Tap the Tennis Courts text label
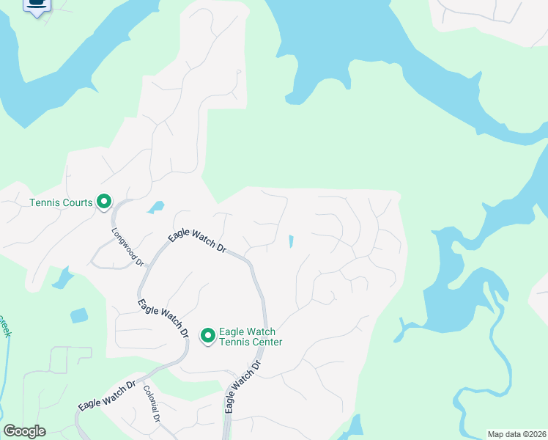[61, 203]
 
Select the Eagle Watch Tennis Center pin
[207, 335]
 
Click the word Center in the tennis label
[264, 342]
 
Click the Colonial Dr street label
[152, 404]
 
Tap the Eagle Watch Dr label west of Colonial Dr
[107, 395]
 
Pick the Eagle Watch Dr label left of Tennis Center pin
[163, 317]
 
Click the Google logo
[24, 431]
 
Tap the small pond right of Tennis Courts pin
[155, 208]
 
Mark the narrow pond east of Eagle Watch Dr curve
[291, 241]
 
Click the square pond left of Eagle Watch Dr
[79, 315]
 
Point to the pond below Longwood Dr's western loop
[62, 278]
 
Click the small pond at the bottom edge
[355, 428]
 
